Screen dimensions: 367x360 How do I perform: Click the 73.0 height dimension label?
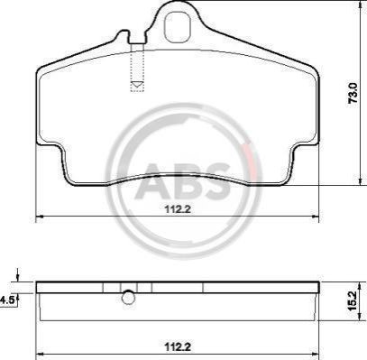[x=353, y=93]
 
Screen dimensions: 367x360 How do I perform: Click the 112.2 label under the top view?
[x=178, y=208]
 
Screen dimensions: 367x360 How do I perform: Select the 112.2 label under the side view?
[x=178, y=346]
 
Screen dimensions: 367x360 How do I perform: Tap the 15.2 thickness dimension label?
[x=352, y=300]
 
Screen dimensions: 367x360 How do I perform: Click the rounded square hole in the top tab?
[x=178, y=26]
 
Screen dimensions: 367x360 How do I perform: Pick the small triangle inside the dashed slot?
[x=137, y=84]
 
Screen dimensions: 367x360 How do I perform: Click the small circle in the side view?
[x=128, y=297]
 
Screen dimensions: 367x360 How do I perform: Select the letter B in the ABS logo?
[x=185, y=181]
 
